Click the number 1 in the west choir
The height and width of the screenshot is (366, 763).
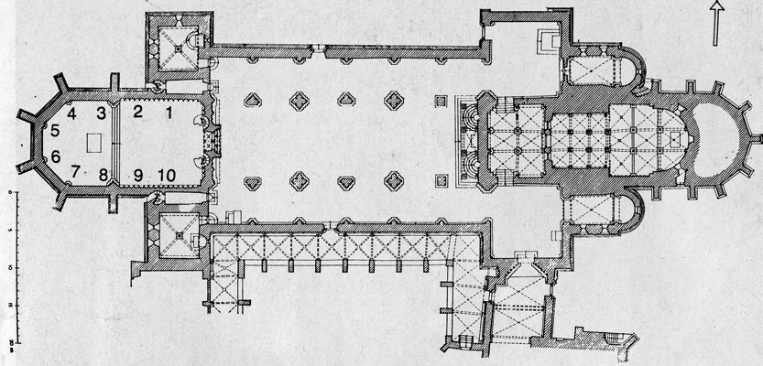coord(169,113)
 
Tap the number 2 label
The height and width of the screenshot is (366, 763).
coord(138,113)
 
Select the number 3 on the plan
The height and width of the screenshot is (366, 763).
coord(103,113)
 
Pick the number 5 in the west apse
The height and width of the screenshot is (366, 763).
coord(55,130)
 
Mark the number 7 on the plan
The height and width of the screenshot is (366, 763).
coord(76,170)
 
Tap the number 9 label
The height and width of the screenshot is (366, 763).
coord(138,174)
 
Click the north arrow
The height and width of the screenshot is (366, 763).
coord(717,22)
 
